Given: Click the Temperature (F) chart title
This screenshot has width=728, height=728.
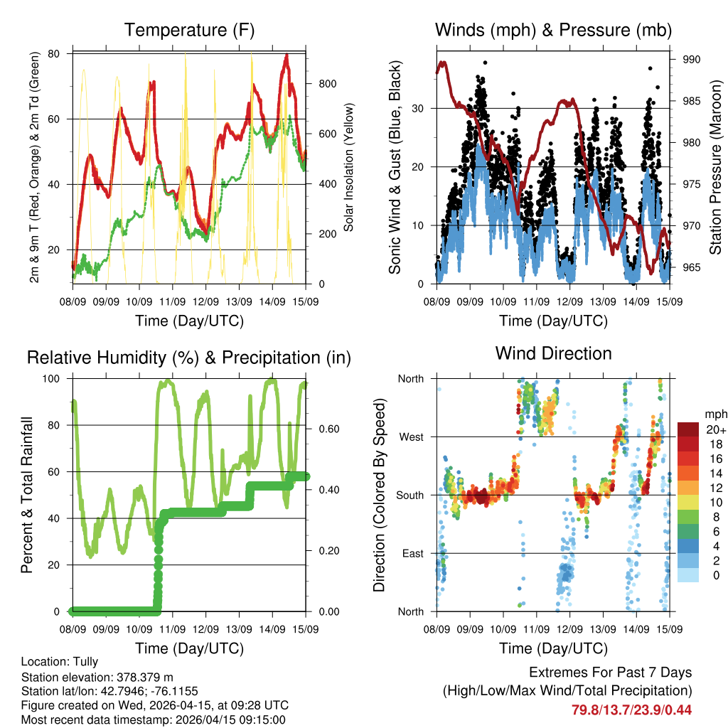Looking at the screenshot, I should (189, 31).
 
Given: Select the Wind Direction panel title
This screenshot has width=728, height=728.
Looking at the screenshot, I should (553, 353).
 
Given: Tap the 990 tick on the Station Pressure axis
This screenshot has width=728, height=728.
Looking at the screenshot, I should (691, 59).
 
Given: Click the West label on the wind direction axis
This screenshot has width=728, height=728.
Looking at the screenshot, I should (410, 437).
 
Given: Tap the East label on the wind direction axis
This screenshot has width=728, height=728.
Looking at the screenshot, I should (412, 554).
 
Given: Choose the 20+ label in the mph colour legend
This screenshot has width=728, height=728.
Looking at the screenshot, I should (714, 429).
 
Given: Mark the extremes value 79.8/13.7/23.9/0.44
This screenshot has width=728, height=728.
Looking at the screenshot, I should (631, 710).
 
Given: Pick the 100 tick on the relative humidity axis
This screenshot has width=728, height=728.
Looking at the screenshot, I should (57, 378).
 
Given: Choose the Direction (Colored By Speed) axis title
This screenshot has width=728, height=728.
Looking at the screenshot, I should (379, 496).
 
